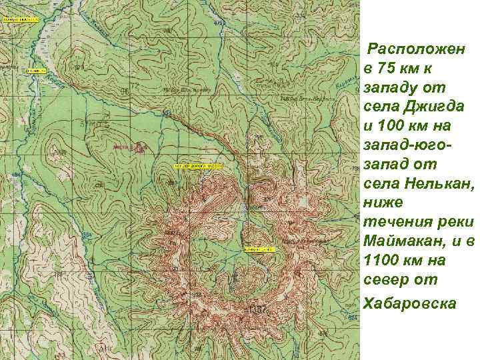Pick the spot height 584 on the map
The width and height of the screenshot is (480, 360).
tap(87, 235)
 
